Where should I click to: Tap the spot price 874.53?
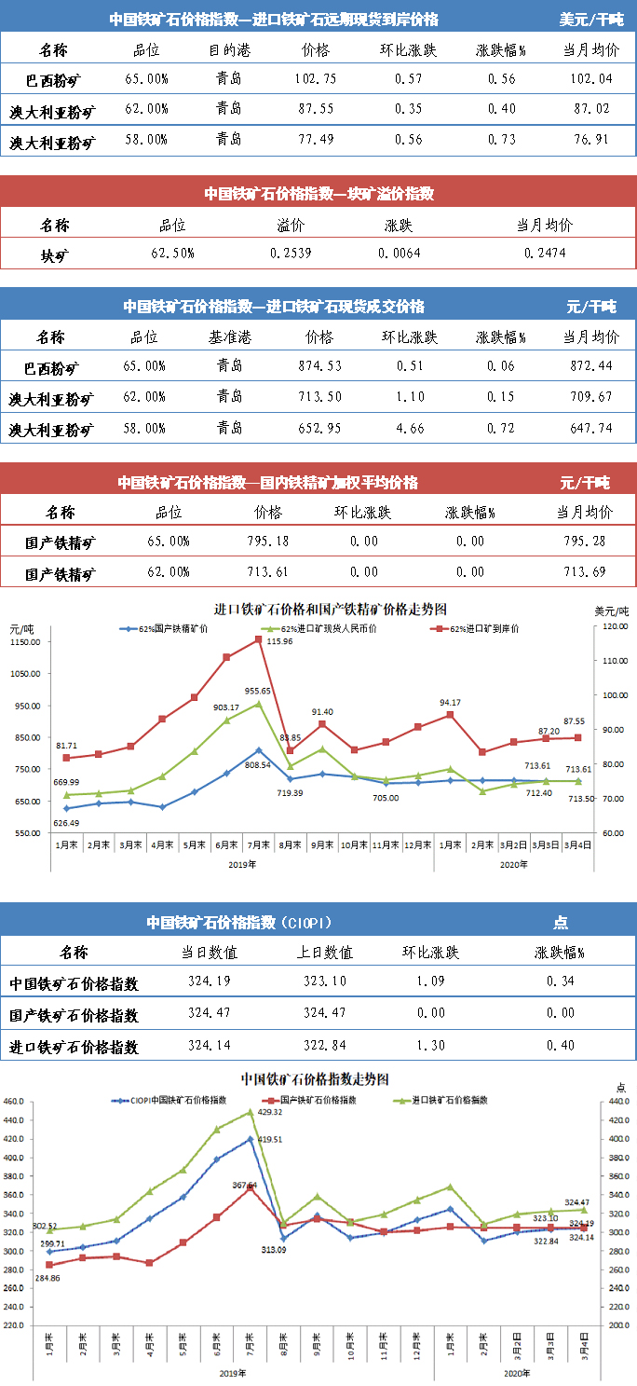coord(318,366)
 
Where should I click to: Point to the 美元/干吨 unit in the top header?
coord(591,19)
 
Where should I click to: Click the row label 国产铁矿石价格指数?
coord(74,1014)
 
